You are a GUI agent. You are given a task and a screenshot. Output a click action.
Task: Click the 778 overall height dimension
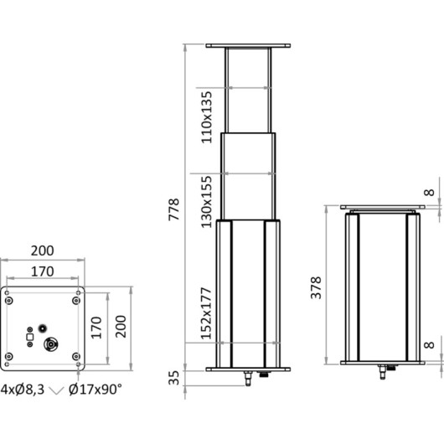174,209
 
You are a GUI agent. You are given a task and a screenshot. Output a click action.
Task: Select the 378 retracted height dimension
316,287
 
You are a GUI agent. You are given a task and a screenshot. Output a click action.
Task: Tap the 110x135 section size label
206,117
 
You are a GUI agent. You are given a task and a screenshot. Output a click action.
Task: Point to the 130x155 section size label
206,202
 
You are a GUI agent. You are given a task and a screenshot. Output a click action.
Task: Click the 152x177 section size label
206,313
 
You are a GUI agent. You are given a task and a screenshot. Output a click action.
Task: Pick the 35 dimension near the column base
174,378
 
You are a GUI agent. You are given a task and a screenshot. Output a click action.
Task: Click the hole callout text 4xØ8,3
23,390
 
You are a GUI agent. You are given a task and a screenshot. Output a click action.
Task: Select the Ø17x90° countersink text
96,390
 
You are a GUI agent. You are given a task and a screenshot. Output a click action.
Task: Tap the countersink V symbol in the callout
57,390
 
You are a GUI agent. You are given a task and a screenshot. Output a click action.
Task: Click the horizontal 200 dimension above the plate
42,250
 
